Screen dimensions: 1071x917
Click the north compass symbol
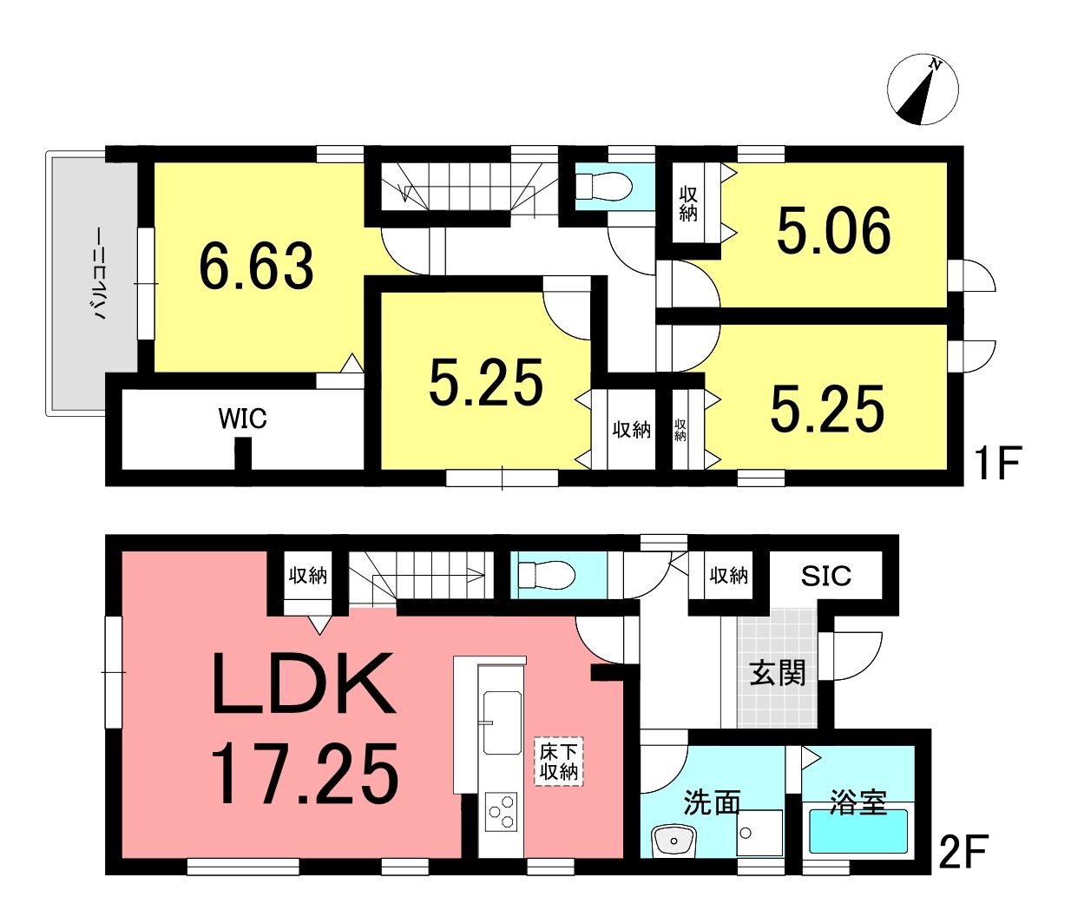[923, 89]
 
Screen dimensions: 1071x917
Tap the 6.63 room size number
[257, 266]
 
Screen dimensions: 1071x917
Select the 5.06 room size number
[834, 230]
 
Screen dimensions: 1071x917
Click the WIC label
[242, 419]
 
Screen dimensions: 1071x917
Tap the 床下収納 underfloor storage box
[559, 761]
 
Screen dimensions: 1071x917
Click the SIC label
[826, 576]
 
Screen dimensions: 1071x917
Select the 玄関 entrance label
[778, 674]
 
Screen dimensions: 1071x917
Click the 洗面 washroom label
[711, 802]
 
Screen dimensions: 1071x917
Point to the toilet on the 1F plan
[603, 186]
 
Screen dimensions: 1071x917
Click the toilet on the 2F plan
[546, 575]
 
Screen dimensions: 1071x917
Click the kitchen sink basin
[502, 722]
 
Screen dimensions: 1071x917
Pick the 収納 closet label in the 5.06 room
[688, 204]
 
